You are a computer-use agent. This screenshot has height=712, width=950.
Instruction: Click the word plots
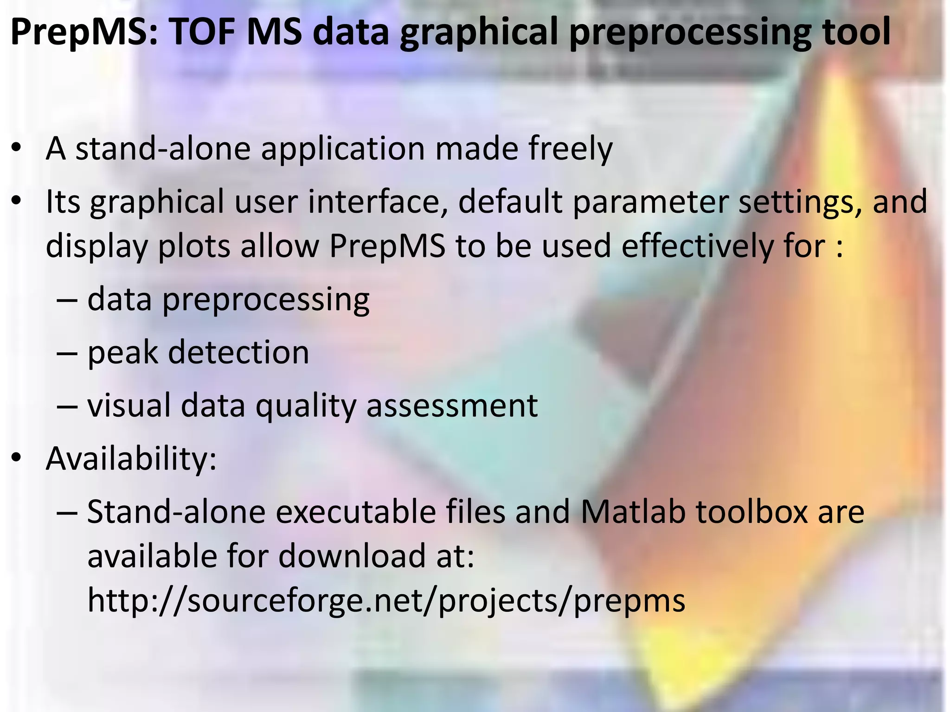[x=194, y=247]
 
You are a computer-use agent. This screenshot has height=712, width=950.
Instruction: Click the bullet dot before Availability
[x=17, y=458]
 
